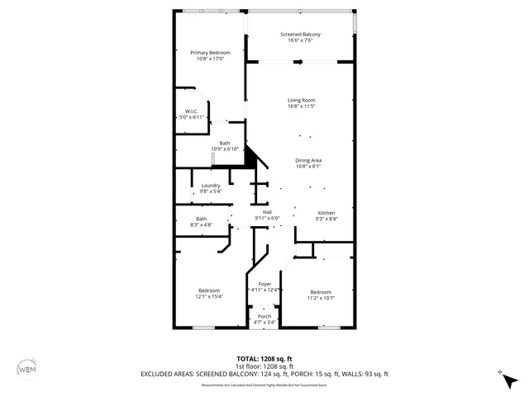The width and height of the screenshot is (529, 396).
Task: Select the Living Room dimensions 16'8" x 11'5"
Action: (301, 106)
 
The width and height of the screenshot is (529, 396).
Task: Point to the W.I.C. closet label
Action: (190, 111)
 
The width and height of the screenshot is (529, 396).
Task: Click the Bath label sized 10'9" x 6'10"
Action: (224, 143)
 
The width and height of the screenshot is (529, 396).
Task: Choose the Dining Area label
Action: (307, 160)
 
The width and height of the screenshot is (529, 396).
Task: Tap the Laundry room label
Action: (211, 186)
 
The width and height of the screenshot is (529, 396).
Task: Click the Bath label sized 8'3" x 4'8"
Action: (201, 219)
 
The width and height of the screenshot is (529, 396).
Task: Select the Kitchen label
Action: (326, 213)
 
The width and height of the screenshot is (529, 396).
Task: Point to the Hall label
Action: (267, 213)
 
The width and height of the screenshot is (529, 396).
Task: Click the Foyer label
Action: (264, 284)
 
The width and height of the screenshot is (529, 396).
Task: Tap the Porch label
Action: (264, 317)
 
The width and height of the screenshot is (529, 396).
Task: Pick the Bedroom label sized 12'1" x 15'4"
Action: (208, 290)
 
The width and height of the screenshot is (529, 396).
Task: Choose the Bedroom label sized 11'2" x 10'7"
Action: (321, 292)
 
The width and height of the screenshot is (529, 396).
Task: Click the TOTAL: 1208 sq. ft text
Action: (264, 359)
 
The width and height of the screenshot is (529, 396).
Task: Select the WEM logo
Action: (27, 368)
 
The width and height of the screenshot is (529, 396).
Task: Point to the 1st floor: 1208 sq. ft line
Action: (264, 366)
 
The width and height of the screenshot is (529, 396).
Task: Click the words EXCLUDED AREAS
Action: (167, 374)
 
